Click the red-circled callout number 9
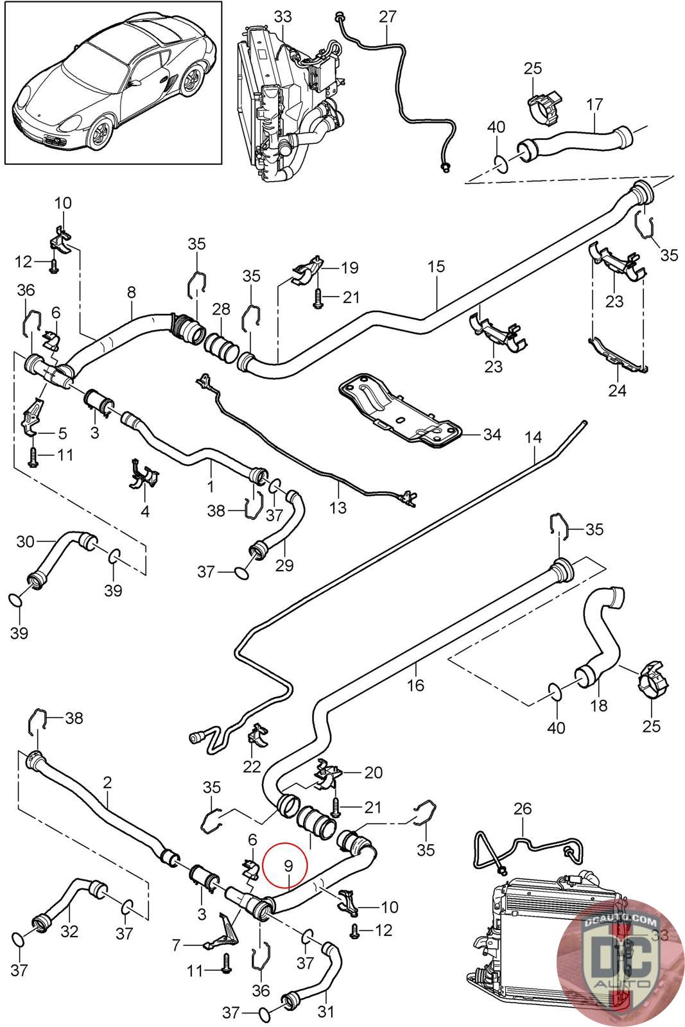(289, 866)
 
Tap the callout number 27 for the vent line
(388, 16)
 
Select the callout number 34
(492, 435)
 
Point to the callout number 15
(436, 266)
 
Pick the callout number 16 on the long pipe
(415, 685)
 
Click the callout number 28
(221, 309)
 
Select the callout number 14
(533, 438)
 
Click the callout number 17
(594, 103)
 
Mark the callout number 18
(598, 705)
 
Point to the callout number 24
(617, 390)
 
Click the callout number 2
(107, 783)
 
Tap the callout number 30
(25, 542)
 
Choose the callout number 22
(252, 766)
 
